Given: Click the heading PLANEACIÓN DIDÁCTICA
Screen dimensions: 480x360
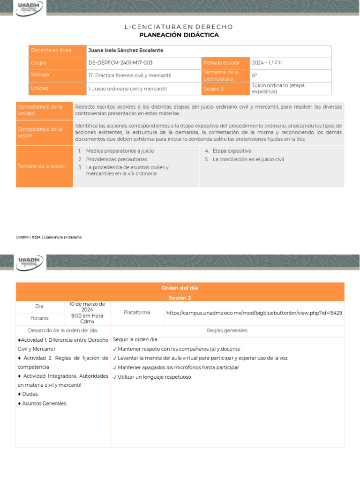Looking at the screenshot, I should tap(179, 35).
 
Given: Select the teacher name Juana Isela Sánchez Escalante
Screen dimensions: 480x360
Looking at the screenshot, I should tap(126, 51).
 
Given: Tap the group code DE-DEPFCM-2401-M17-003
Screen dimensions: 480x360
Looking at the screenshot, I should tap(120, 63).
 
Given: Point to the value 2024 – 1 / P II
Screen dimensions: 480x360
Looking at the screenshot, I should tap(267, 63).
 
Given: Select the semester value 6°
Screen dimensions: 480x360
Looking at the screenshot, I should tap(255, 75).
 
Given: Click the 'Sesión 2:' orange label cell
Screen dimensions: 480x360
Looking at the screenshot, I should tap(214, 89).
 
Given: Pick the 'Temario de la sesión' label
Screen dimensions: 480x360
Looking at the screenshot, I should tap(42, 166).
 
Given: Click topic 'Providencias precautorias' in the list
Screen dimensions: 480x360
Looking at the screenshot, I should tap(116, 159).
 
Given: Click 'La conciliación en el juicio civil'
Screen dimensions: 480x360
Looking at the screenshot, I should tap(248, 159).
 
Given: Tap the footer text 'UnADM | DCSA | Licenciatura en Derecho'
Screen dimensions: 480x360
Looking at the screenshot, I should tap(49, 237).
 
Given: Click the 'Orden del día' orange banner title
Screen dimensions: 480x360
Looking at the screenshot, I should tap(180, 288).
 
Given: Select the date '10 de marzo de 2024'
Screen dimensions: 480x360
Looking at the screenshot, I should tap(87, 307).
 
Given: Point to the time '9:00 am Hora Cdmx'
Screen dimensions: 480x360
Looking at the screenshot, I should tap(87, 318).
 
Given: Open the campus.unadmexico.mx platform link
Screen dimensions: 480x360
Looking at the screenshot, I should tap(254, 313).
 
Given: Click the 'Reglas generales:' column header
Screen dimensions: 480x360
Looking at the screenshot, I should tap(227, 330).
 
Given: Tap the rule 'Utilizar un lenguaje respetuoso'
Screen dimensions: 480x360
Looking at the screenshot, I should tap(154, 377).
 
